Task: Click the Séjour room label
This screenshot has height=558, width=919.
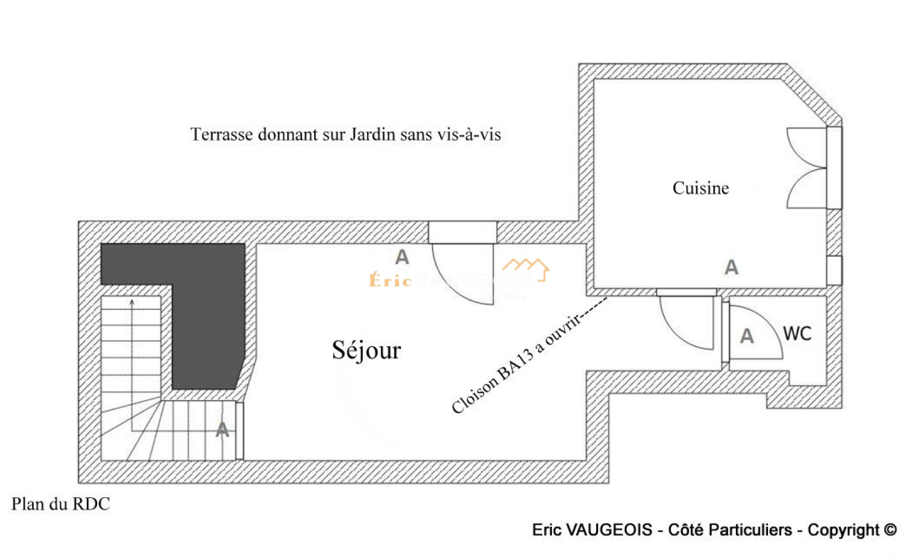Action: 366,350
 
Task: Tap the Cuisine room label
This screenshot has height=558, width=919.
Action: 700,188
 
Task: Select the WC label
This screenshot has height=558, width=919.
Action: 797,334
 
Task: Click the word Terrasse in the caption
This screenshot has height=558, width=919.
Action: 221,134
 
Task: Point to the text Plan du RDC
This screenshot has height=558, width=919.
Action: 60,504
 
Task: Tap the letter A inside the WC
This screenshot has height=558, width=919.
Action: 747,336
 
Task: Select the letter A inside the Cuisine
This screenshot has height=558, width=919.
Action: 731,267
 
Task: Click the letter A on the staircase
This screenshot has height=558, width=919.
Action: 222,430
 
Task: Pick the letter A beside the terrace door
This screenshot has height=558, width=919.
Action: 402,257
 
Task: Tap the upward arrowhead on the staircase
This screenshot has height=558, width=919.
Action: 132,301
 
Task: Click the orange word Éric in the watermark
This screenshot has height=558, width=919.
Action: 390,280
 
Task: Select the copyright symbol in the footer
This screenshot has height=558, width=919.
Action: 890,529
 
